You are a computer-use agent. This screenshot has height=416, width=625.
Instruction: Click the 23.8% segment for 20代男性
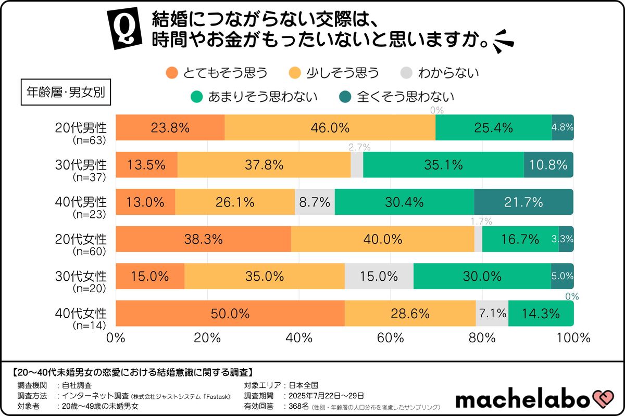[x=170, y=127]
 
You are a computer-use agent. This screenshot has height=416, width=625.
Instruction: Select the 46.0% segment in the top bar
[x=330, y=127]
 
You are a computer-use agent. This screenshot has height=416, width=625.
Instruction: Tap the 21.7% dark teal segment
[x=523, y=202]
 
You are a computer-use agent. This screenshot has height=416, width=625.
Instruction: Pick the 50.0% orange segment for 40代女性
[x=230, y=314]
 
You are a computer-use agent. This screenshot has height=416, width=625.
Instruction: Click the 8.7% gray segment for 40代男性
[x=315, y=202]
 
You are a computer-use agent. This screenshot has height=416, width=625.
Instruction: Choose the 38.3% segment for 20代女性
[x=203, y=239]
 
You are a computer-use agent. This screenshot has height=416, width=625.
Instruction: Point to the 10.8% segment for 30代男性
[x=548, y=165]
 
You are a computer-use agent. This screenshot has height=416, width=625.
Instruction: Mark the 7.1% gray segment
[x=492, y=314]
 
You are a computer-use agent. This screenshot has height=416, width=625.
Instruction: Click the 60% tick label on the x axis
[x=391, y=337]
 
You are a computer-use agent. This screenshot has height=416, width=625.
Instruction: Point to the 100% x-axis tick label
[x=573, y=337]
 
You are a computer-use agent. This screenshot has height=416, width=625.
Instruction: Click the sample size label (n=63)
[x=89, y=140]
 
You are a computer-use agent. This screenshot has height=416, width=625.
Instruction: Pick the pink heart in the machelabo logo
[x=604, y=399]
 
